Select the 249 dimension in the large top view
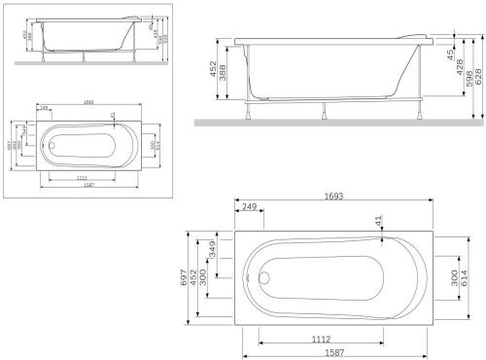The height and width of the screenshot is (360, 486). tap(251, 208)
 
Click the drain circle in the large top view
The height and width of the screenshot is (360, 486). tap(269, 276)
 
